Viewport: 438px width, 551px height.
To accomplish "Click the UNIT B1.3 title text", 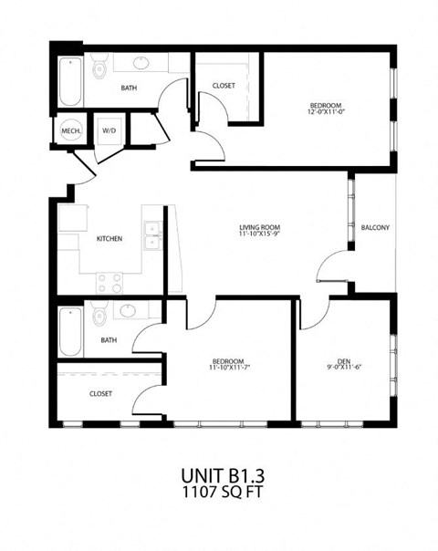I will coord(220,475).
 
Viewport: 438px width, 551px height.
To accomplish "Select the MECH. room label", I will coord(71,131).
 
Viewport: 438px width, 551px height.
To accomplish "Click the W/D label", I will coord(109,131).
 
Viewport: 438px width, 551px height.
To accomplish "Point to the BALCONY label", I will coord(376,227).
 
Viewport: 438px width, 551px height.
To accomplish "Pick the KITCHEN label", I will coord(109,240).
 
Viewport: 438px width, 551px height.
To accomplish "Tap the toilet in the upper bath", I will coord(100,68).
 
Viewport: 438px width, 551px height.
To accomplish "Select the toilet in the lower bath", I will coord(100,313).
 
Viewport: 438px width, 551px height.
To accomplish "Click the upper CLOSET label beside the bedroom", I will coord(223,86).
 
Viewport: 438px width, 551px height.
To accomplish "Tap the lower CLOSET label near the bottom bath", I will coord(100,394).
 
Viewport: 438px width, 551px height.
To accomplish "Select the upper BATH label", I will coord(129,88).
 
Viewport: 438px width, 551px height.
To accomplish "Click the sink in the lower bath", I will coord(129,311).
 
